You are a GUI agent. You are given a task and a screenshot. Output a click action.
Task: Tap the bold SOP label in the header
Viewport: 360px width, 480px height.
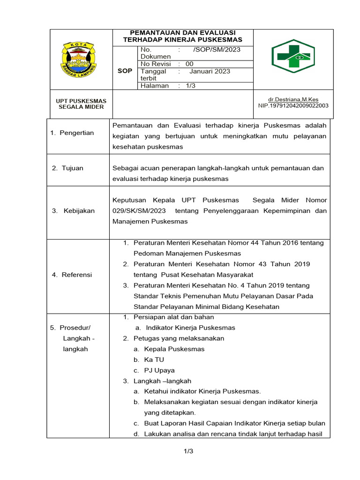click(124, 71)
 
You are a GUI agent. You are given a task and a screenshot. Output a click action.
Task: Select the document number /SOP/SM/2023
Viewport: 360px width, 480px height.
click(217, 50)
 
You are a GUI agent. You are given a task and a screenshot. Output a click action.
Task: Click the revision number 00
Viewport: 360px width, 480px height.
click(189, 64)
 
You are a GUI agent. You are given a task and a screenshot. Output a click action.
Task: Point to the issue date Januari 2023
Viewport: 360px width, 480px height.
click(210, 71)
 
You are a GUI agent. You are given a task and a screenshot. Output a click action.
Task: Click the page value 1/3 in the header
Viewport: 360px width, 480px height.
click(191, 86)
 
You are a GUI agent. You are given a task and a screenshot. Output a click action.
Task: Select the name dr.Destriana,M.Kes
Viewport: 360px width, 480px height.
click(293, 100)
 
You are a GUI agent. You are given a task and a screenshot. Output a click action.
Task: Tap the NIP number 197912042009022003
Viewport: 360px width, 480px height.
click(293, 105)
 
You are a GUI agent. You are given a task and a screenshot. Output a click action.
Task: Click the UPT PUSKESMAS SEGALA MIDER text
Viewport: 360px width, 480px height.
click(81, 104)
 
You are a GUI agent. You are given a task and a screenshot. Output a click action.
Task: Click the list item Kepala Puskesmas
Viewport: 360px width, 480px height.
click(174, 349)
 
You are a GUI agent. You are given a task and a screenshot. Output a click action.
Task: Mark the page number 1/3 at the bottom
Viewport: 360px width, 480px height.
click(188, 451)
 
